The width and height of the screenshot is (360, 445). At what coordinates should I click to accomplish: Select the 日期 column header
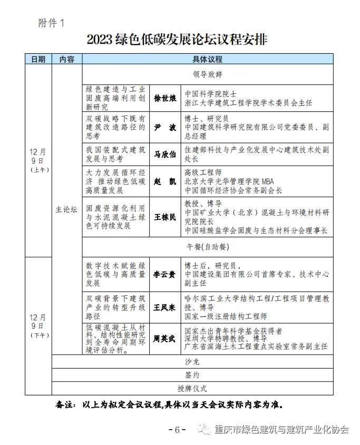coord(38,59)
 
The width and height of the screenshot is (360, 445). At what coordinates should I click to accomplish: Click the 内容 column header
coord(66,59)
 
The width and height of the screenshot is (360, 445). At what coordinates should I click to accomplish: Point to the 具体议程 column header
coord(208,59)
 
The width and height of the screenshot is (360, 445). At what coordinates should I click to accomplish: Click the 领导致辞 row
coord(208,74)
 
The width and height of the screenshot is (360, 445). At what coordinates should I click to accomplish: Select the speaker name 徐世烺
coord(165,98)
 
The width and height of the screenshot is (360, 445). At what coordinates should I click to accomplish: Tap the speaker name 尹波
coord(165,128)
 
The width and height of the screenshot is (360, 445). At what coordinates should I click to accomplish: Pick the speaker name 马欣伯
coord(165,154)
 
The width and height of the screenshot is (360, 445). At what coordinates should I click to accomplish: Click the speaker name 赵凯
coord(165,181)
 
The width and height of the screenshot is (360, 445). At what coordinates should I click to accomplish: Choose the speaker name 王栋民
coord(165,217)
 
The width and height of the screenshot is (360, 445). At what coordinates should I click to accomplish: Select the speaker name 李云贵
coord(165,275)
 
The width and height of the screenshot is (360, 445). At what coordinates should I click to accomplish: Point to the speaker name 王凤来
coord(165,307)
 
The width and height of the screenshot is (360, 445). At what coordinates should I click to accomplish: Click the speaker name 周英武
coord(165,338)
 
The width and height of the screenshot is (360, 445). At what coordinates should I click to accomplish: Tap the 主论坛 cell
coord(66,209)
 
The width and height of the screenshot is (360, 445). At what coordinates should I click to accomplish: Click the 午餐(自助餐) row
coord(208,247)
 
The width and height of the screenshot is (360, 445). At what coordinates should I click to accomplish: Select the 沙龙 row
coord(192,362)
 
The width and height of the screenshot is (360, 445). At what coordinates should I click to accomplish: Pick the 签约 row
coord(192,375)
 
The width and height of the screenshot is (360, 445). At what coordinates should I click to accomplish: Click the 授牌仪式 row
coord(192,389)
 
